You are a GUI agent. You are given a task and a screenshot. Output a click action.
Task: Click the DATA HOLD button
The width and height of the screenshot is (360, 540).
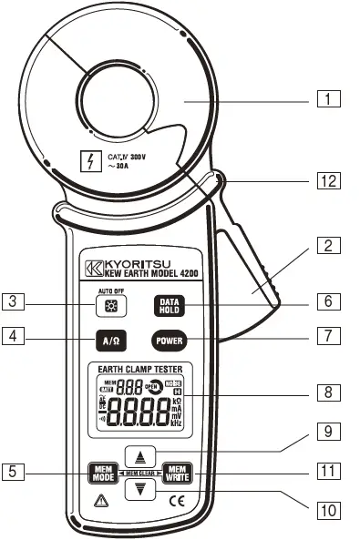[170, 306]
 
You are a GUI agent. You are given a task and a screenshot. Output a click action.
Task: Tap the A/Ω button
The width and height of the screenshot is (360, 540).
[109, 342]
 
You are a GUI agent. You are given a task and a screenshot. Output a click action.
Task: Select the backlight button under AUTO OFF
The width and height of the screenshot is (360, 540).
[110, 307]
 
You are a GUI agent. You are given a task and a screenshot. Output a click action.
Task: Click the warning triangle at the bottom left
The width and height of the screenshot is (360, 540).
[98, 500]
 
